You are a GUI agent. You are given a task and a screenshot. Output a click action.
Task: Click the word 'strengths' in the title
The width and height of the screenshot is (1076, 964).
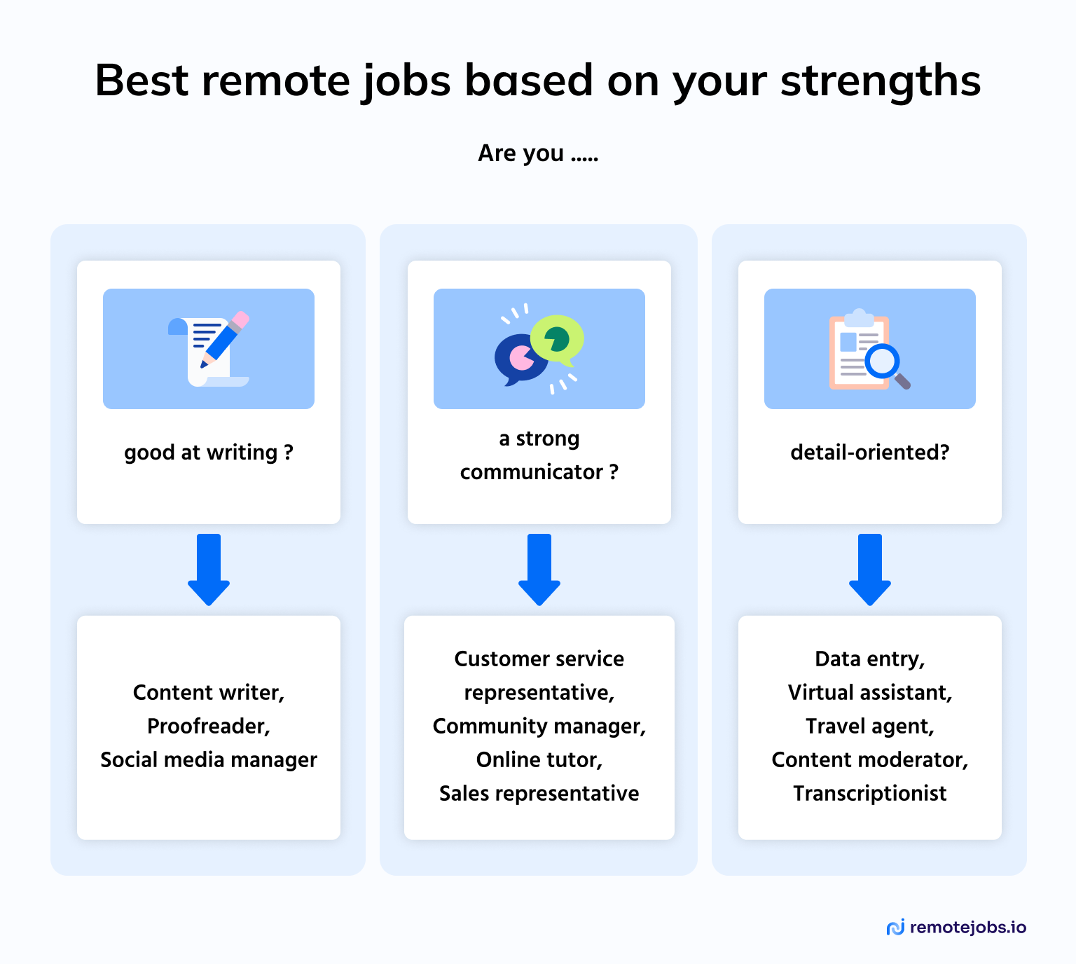[x=881, y=81]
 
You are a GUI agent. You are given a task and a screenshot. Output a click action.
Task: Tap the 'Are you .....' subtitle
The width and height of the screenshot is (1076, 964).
[x=537, y=153]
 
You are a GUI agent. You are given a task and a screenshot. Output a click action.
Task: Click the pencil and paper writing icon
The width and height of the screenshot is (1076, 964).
[x=209, y=349]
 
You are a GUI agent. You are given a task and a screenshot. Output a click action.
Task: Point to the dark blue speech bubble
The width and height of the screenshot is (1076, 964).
[x=519, y=359]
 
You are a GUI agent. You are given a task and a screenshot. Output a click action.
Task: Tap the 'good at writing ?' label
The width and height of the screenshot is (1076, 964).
[x=208, y=453]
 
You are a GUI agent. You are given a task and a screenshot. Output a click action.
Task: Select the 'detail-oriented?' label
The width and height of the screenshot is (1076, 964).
[x=869, y=453]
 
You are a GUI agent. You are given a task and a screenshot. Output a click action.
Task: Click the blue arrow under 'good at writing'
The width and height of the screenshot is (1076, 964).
[x=209, y=570]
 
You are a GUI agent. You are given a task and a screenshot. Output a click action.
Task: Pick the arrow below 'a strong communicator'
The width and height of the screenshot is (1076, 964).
[x=539, y=570]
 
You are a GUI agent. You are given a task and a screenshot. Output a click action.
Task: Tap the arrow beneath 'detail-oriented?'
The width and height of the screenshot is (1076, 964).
[x=870, y=570]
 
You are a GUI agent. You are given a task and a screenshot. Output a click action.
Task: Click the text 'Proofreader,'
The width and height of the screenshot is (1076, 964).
[x=208, y=727]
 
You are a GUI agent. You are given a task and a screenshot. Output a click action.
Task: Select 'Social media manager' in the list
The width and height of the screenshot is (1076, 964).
[x=208, y=760]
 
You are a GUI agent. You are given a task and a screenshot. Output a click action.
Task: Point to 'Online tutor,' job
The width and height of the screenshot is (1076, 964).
[x=539, y=760]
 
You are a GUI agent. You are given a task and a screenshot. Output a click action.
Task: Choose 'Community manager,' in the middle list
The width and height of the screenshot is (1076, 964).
[x=539, y=727]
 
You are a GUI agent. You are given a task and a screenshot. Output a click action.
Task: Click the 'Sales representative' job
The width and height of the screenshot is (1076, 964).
[x=539, y=794]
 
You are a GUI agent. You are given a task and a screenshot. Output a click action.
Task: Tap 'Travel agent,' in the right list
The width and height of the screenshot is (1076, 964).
[x=869, y=727]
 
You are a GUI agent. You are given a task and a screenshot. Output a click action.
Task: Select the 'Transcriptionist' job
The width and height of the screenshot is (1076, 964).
[x=869, y=794]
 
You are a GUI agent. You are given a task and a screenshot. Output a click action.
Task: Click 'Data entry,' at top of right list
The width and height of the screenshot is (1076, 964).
[x=869, y=659]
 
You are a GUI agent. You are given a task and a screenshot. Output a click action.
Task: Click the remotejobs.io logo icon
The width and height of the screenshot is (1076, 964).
[x=895, y=928]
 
